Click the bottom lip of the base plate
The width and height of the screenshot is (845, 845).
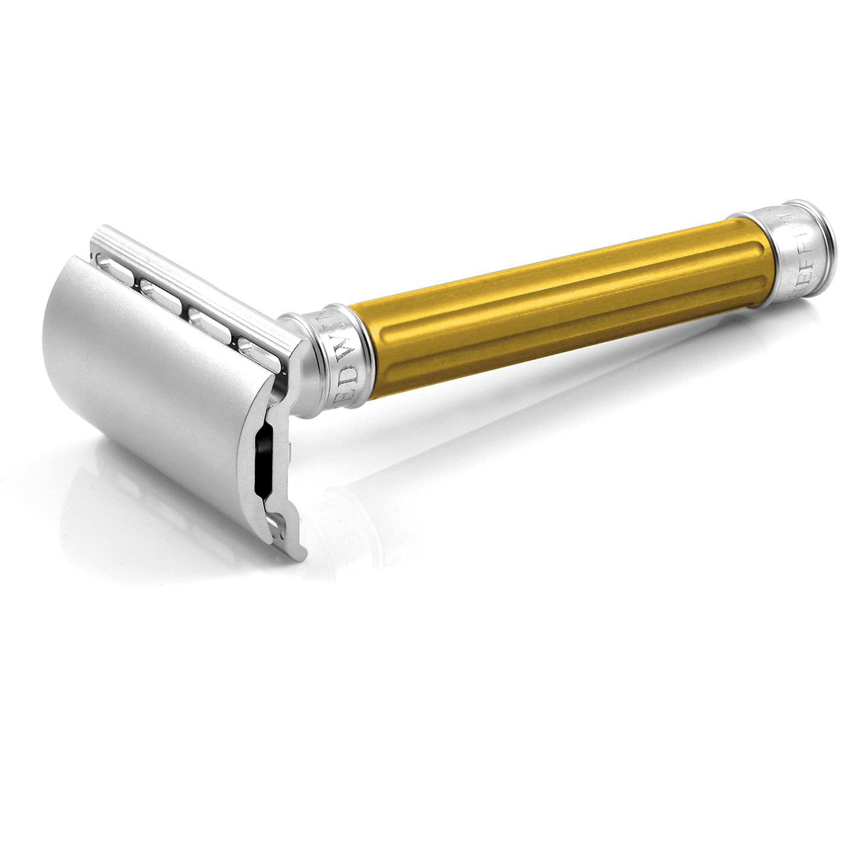click(x=290, y=543)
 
